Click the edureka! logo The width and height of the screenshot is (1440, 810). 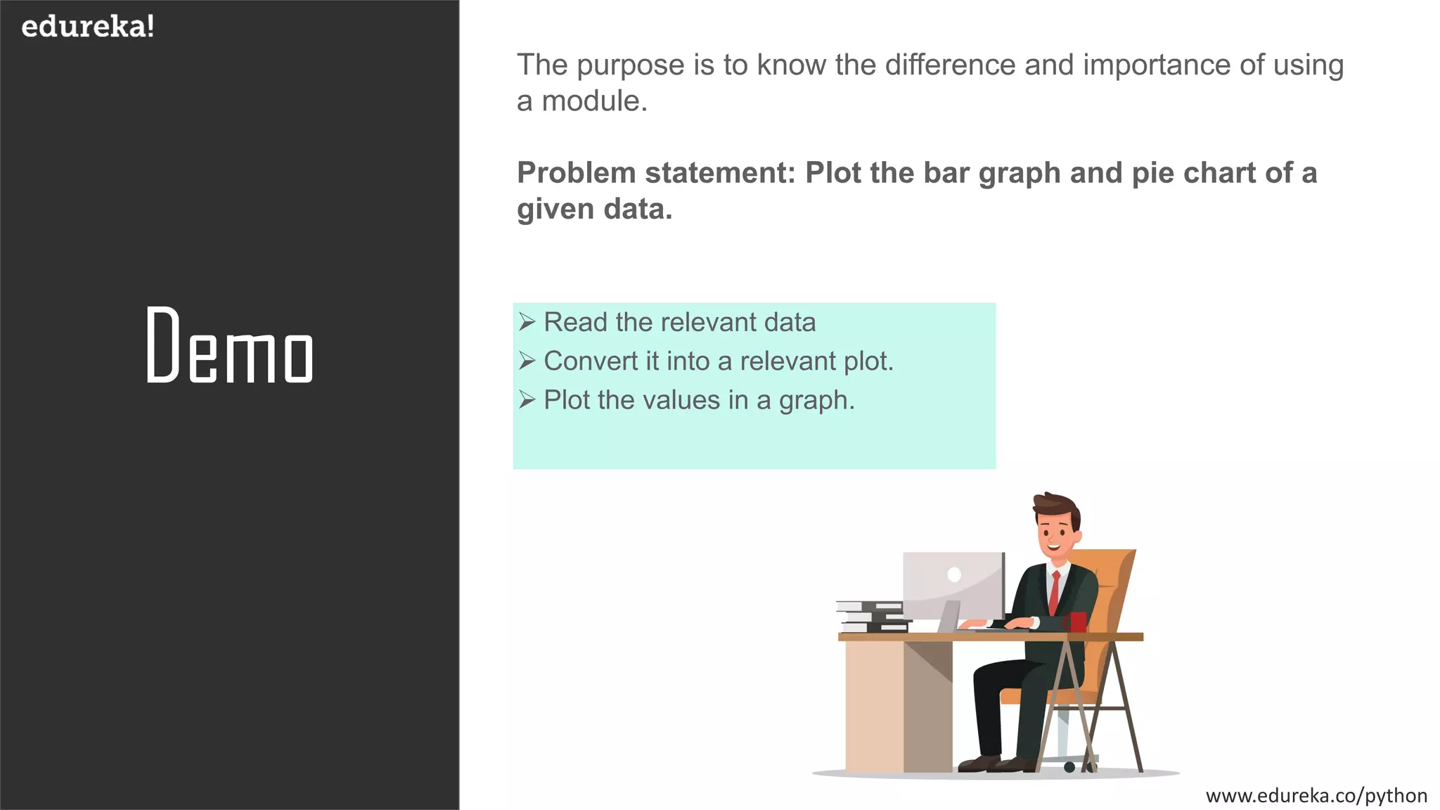point(88,27)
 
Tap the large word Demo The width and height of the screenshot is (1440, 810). point(229,347)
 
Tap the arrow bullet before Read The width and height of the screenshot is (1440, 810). point(527,322)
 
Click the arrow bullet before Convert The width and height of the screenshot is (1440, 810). point(527,361)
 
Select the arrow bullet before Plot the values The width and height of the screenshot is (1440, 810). point(527,400)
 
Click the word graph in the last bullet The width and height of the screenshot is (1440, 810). point(816,401)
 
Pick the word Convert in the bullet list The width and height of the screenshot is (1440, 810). point(591,361)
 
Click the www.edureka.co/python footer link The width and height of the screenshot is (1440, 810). point(1316,795)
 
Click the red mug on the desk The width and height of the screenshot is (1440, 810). point(1076,622)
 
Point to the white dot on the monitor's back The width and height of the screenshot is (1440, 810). point(954,574)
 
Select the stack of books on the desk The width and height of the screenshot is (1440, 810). point(872,617)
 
